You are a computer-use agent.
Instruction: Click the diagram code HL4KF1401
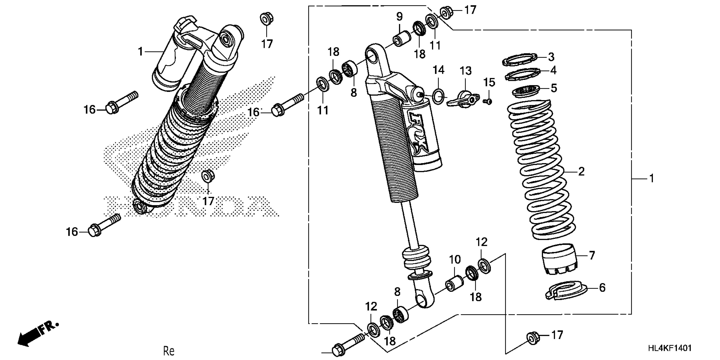670,348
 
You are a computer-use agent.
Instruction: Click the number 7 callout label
592,255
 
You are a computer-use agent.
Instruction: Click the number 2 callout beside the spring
581,171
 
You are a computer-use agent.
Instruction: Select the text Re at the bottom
169,351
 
